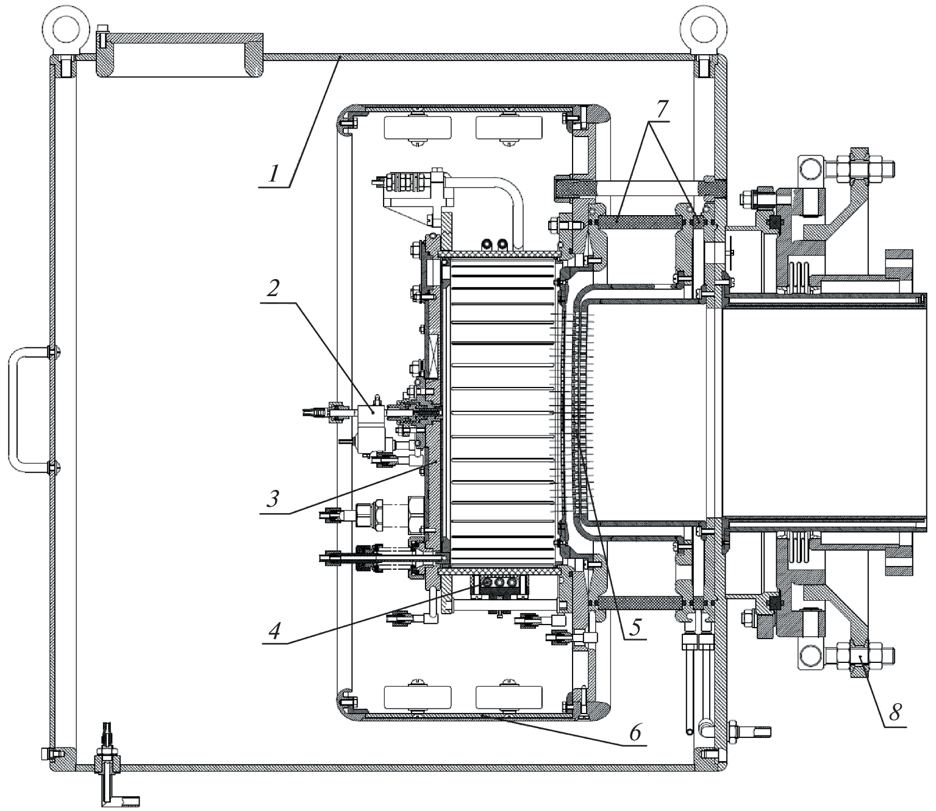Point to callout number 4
pos(274,631)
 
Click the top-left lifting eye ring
pos(63,27)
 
